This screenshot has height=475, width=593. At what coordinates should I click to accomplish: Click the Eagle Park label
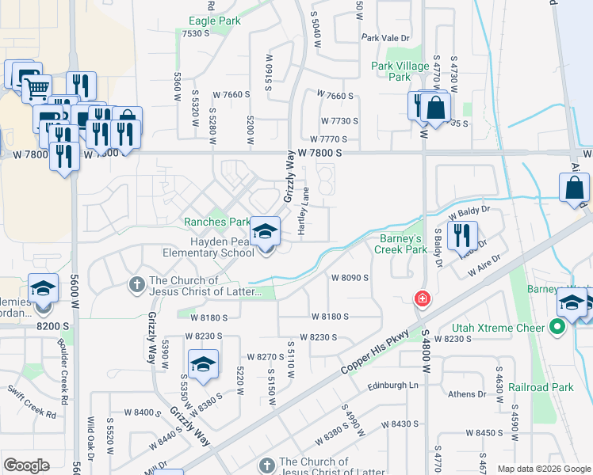[213, 21]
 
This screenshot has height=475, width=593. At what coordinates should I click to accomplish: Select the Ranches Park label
[217, 222]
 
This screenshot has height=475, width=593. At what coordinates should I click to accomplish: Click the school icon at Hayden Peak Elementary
[266, 232]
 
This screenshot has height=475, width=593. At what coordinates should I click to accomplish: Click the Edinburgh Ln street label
[392, 386]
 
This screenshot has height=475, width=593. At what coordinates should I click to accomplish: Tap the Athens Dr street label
[465, 394]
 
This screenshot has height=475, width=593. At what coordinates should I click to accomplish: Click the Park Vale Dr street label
[384, 38]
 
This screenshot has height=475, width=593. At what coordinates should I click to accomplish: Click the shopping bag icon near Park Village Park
[435, 107]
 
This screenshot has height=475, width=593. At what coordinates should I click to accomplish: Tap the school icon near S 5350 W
[204, 366]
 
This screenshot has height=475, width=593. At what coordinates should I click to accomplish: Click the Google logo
[26, 465]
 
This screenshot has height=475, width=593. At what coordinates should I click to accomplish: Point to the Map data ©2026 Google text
[543, 469]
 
